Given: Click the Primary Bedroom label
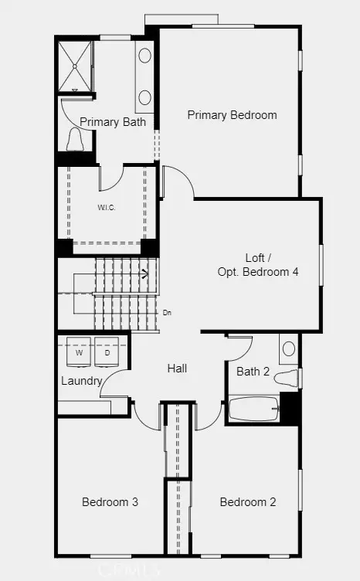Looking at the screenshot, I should click(x=232, y=115).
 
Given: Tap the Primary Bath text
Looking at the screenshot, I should click(x=113, y=121).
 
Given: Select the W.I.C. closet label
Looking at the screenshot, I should click(x=106, y=208).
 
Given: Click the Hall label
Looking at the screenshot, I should click(x=177, y=369).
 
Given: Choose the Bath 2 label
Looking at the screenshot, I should click(x=253, y=372).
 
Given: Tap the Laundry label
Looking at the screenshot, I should click(x=82, y=381).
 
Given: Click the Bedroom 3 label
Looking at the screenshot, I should click(x=110, y=502).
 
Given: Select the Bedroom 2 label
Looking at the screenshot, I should click(x=247, y=502).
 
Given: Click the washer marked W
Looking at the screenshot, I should click(x=80, y=352).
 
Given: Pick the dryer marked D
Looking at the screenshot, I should click(x=107, y=352).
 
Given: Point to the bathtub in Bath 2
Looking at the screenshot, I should click(x=253, y=409).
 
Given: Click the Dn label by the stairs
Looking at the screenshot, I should click(x=167, y=313).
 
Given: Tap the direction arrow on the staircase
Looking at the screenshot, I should click(x=144, y=273).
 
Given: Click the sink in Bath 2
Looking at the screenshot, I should click(x=287, y=348).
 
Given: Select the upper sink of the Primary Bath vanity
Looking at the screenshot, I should click(x=145, y=55).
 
